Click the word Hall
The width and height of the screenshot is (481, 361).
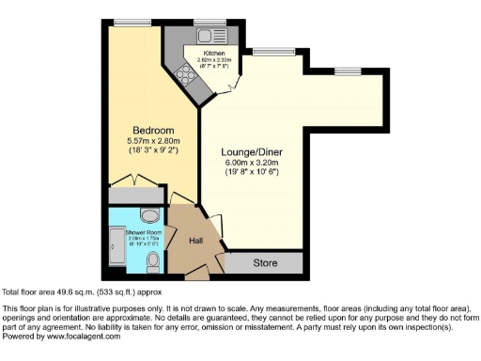(196, 242)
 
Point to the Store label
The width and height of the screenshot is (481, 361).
(264, 264)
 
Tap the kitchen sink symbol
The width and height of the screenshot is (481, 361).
(204, 35)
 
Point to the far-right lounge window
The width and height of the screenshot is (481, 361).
(348, 71)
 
